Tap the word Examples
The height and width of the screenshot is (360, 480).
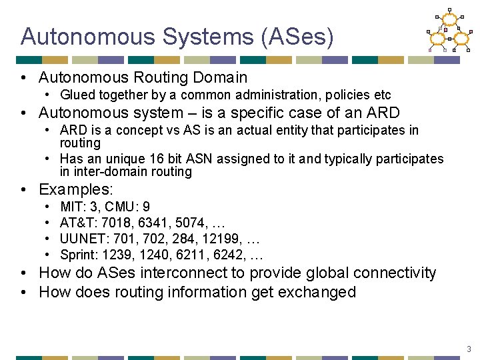(75, 190)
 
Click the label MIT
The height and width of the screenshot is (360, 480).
(71, 207)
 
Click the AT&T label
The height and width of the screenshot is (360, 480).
(75, 223)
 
